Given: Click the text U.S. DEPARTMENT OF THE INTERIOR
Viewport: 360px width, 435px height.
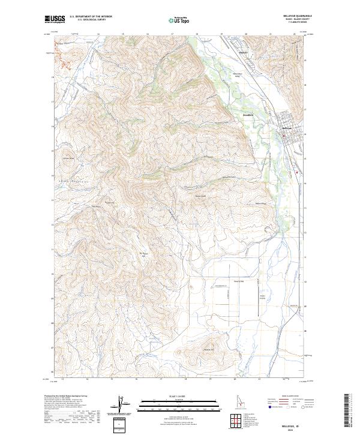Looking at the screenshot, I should pos(91,17).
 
